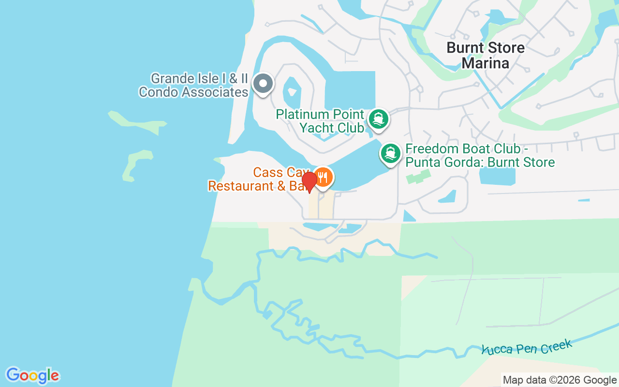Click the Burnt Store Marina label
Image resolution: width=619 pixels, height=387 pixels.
pos(486,55)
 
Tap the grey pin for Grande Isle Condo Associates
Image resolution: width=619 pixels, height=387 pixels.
pos(263,84)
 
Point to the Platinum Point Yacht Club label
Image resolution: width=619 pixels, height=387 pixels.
pos(320,121)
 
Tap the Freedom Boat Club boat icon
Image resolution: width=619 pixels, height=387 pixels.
pos(390,154)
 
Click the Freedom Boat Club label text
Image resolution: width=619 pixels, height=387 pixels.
pos(480,155)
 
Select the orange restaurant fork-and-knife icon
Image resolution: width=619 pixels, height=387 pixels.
pos(323,178)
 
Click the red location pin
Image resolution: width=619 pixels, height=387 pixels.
pos(309,181)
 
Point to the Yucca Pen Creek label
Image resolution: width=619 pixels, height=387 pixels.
pos(527,347)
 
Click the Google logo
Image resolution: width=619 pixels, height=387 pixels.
pos(32,375)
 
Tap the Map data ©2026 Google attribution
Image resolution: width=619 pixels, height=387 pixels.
pos(560,380)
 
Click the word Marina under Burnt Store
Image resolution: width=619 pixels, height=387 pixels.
pos(486,63)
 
